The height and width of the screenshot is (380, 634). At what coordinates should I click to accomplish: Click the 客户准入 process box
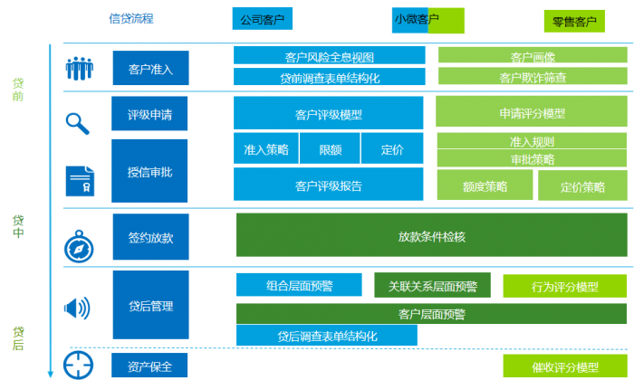tap(150, 68)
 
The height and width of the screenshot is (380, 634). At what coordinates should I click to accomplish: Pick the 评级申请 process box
tap(150, 115)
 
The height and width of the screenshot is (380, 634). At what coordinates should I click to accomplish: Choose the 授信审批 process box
tap(150, 171)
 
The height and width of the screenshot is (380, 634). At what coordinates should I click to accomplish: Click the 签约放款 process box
tap(150, 238)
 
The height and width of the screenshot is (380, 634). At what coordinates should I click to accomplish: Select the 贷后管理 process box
tap(150, 306)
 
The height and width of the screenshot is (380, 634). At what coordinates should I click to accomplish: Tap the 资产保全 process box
tap(150, 366)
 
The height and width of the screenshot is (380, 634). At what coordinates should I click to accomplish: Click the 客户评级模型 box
tap(328, 114)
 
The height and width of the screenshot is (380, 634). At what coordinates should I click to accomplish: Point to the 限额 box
tap(331, 149)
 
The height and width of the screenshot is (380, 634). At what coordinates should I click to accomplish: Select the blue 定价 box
tap(392, 149)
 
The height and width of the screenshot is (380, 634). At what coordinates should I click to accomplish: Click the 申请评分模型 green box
tap(532, 113)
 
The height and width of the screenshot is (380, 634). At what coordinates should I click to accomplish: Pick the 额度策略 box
tap(485, 186)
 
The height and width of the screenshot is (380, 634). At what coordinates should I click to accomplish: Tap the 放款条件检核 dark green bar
tap(432, 236)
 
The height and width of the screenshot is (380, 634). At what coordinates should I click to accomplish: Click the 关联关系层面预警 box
tap(432, 286)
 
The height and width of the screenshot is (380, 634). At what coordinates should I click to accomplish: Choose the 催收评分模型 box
tap(565, 367)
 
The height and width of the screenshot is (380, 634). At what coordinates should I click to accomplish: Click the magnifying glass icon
tap(78, 122)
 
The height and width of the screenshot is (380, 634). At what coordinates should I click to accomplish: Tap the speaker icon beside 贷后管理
tap(77, 309)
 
